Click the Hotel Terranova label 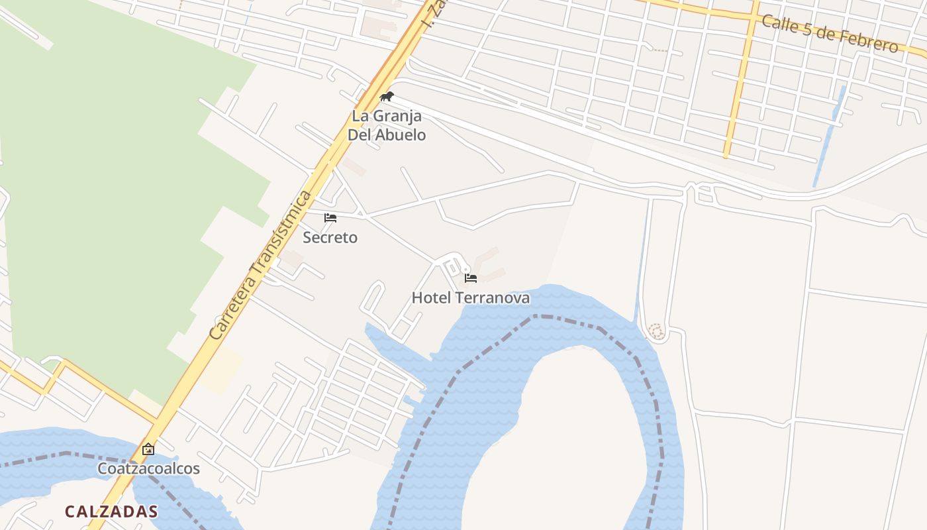coord(470,298)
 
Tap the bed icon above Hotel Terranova coord(471,278)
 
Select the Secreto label coord(330,237)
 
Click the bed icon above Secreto coord(330,218)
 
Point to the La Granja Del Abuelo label coord(387,125)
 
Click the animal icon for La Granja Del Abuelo coord(387,97)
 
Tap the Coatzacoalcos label coord(148,468)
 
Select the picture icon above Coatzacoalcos coord(148,449)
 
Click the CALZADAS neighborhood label coord(111,511)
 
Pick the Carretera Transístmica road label coord(260,265)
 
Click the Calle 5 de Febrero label coord(830,33)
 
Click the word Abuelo coord(400,134)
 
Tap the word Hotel coord(430,298)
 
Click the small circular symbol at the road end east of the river coord(656,331)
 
